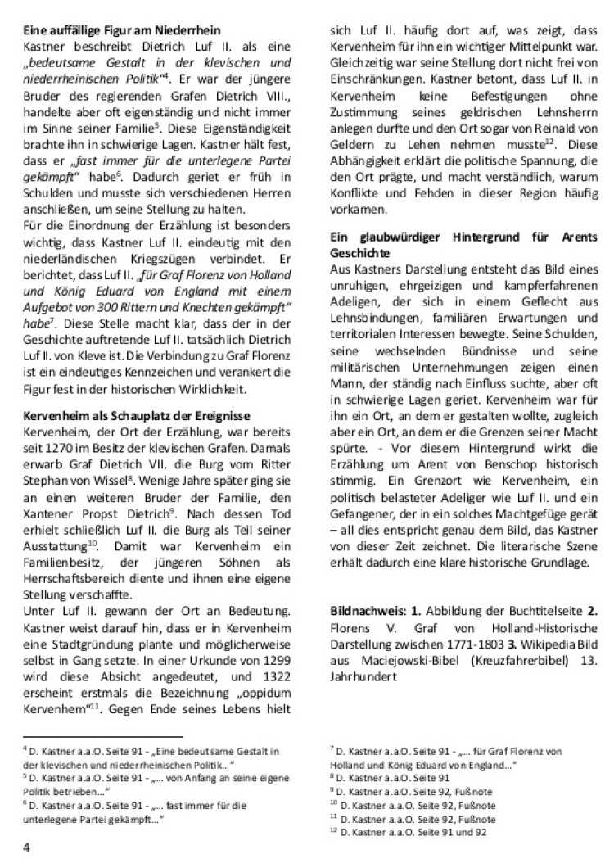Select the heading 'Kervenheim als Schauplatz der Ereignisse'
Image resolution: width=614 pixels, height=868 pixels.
[x=136, y=417]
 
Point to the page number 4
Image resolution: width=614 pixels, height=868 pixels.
[x=26, y=848]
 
